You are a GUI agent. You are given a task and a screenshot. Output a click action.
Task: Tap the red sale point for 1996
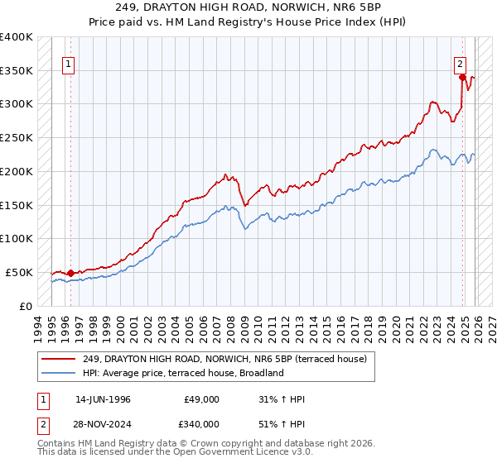[x=70, y=272]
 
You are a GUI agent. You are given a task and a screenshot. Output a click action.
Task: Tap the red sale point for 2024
[x=462, y=77]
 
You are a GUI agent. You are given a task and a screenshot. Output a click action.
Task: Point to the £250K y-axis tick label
[x=17, y=137]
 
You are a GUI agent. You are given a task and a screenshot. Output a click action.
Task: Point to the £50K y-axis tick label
[x=19, y=272]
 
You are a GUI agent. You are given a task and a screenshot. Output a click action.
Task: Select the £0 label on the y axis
[x=26, y=306]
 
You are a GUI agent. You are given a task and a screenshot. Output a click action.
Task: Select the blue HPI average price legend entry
[x=183, y=373]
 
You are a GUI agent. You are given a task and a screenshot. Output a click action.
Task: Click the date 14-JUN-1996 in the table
[x=103, y=399]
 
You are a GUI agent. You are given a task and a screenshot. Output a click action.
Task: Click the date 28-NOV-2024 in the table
[x=103, y=423]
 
